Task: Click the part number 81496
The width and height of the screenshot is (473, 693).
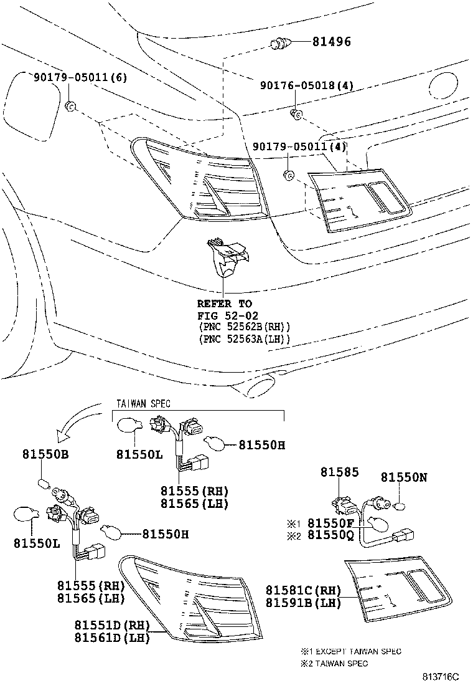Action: [x=332, y=42]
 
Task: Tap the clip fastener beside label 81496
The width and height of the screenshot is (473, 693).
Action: [x=279, y=44]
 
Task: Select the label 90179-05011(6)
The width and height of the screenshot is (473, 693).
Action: [x=80, y=77]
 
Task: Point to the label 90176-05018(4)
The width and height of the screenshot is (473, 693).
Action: [x=307, y=85]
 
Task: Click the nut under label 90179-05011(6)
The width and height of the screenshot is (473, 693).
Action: [x=70, y=106]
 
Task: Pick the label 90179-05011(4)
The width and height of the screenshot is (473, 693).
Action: [x=299, y=146]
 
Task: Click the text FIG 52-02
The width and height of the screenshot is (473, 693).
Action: [x=228, y=315]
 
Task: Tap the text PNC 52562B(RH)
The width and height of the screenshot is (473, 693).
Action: [x=245, y=327]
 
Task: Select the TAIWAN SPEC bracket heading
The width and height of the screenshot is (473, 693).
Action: [x=143, y=403]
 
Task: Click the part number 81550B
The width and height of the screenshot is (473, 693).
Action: [x=46, y=454]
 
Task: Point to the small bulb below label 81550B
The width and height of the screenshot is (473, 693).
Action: [x=42, y=482]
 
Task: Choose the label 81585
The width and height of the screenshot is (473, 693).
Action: [x=340, y=472]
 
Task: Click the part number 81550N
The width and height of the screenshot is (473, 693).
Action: [x=404, y=477]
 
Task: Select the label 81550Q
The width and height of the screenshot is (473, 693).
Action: [x=330, y=535]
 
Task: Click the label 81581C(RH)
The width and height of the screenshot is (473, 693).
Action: [x=304, y=590]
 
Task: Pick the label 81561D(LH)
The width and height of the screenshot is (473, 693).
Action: [x=112, y=638]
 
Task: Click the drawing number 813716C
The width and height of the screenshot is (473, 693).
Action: [x=441, y=677]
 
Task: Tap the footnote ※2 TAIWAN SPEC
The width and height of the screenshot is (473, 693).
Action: [x=334, y=663]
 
